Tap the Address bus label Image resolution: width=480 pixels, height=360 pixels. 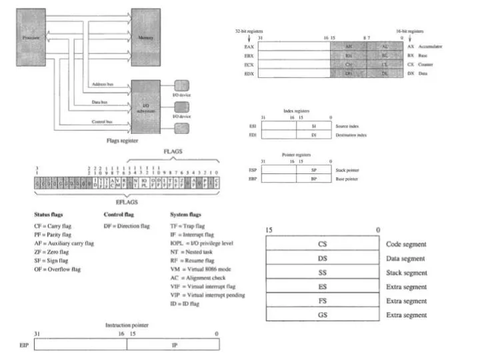coord(102,83)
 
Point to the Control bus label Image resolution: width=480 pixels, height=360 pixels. coord(102,122)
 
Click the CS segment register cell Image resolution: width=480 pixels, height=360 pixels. coord(323,244)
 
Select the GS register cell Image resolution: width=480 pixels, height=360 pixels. coord(323,314)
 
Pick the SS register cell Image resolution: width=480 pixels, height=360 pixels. coord(323,272)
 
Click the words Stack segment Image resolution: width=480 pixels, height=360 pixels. coord(406,272)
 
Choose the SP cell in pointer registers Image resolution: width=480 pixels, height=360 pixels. coord(313,170)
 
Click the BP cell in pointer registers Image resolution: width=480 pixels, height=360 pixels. coord(313,179)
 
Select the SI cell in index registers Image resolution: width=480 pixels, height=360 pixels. coord(313,125)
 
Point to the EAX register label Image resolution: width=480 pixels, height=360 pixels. coord(249,47)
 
